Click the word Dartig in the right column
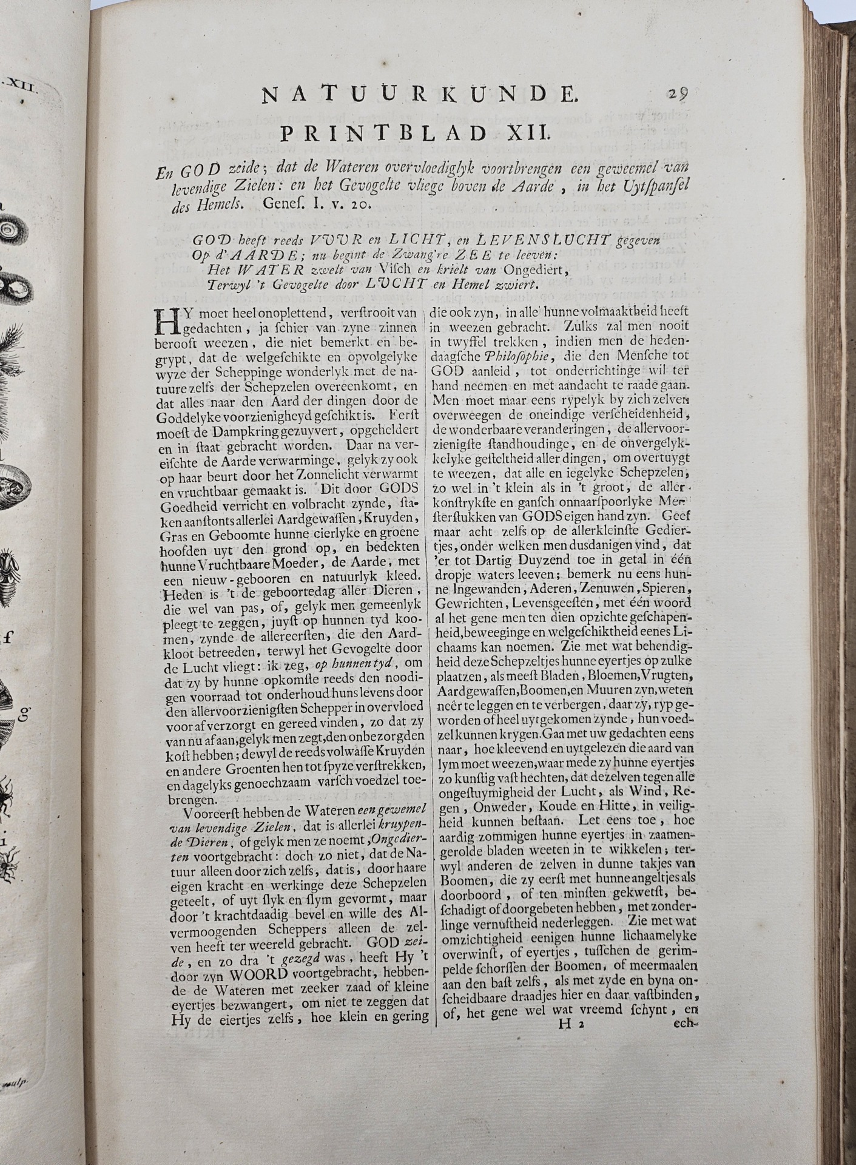click(499, 559)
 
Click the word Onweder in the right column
click(512, 806)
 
